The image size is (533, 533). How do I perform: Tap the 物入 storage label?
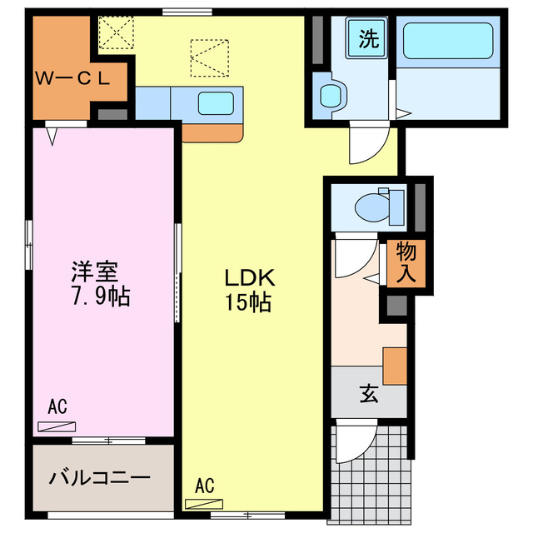point(406,262)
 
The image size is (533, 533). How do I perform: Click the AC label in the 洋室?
point(57,407)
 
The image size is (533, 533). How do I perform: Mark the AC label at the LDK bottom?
point(204,485)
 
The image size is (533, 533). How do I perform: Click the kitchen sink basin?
point(215,104)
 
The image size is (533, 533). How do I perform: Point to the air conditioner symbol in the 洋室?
point(57,426)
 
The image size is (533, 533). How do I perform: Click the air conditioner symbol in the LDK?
point(204,503)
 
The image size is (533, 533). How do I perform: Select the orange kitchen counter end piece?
point(212,132)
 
